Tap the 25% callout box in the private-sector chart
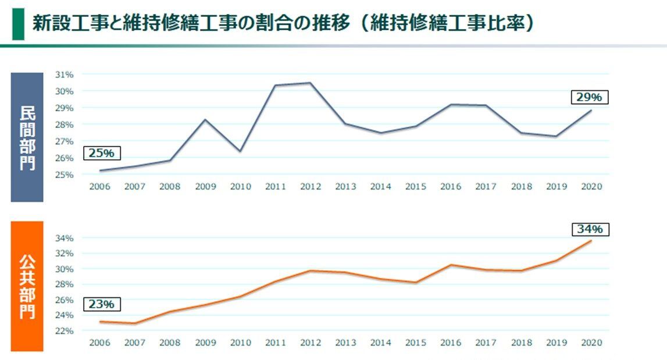101,154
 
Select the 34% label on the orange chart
590,230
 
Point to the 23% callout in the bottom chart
101,304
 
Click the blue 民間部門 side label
27,137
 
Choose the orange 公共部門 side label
27,286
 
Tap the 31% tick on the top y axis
64,74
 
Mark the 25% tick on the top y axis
64,174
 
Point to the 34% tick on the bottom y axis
64,238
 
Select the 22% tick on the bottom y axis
64,331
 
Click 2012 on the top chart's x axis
311,187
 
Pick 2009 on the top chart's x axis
205,187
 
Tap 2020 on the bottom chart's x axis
591,343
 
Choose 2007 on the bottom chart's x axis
135,343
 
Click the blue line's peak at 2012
310,83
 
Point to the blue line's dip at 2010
240,151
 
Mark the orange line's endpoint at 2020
591,241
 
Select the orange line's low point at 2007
135,323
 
